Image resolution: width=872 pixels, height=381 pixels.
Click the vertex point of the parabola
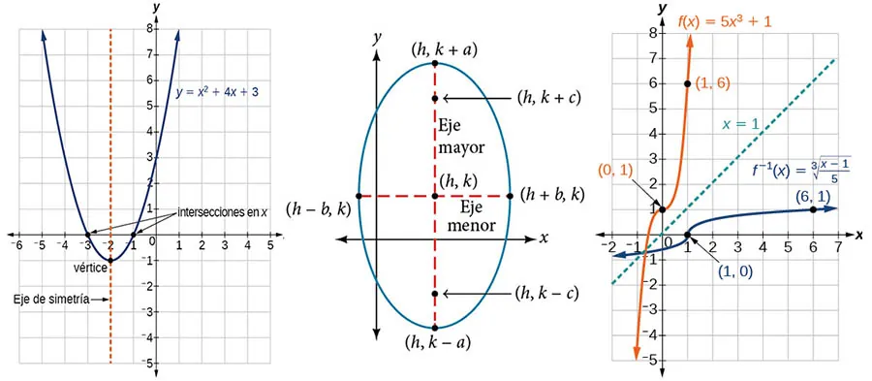coord(109,260)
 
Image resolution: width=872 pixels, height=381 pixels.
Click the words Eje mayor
coord(461,138)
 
